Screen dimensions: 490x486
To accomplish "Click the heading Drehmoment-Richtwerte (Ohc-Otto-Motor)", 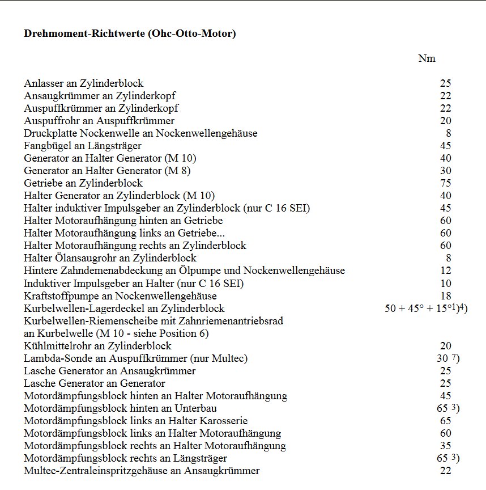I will [130, 33].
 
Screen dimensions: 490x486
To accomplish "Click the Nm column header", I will [427, 58].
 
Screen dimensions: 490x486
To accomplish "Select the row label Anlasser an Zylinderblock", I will [83, 83].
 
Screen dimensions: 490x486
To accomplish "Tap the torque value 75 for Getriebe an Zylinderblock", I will [445, 183].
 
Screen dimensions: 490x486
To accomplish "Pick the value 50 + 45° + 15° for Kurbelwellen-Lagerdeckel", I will [416, 309].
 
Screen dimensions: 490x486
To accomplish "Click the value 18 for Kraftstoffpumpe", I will [445, 296].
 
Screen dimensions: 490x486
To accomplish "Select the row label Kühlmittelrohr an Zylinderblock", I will [97, 346].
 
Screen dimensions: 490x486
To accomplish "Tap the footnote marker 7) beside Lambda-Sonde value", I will [455, 358].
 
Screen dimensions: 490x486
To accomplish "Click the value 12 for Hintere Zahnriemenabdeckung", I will [445, 271].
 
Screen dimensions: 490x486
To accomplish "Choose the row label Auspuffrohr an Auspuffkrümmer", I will [99, 121].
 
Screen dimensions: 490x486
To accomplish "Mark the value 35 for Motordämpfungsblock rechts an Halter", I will [445, 446].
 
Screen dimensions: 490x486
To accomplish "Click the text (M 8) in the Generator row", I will [178, 171].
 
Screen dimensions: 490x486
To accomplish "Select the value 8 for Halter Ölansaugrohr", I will [448, 259].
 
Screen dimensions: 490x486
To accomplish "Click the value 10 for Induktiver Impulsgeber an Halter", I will [445, 284].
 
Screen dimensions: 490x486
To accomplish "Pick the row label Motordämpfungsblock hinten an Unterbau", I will [121, 408].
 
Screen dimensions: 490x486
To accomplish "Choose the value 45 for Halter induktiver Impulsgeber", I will [445, 208].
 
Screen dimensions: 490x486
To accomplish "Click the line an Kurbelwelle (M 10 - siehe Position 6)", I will [116, 333].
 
